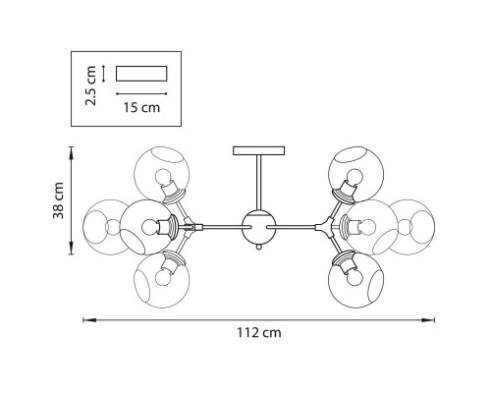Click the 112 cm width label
pos(259,333)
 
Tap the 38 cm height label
pos(59,200)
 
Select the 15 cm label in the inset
pos(141,107)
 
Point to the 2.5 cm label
pos(90,85)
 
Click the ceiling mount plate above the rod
pos(258,150)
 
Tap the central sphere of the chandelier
pos(258,227)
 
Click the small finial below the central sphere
pos(259,248)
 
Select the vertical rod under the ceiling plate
pos(258,183)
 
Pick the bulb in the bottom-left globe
pos(163,278)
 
